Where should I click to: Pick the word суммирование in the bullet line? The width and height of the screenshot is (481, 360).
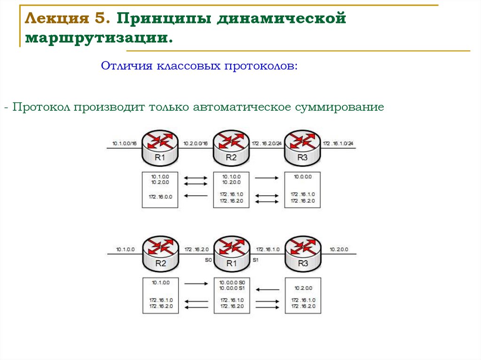tap(340, 107)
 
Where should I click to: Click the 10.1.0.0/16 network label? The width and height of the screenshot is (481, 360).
tap(124, 143)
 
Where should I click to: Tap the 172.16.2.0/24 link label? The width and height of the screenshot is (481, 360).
tap(267, 143)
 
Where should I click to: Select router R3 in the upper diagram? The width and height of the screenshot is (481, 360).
tap(303, 146)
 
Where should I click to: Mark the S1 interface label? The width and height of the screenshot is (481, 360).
tap(256, 259)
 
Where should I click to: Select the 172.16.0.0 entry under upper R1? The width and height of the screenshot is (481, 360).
tap(160, 197)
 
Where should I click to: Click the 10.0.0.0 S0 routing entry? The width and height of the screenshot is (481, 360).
tap(232, 282)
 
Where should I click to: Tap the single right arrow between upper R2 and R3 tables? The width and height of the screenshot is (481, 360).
tap(266, 178)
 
